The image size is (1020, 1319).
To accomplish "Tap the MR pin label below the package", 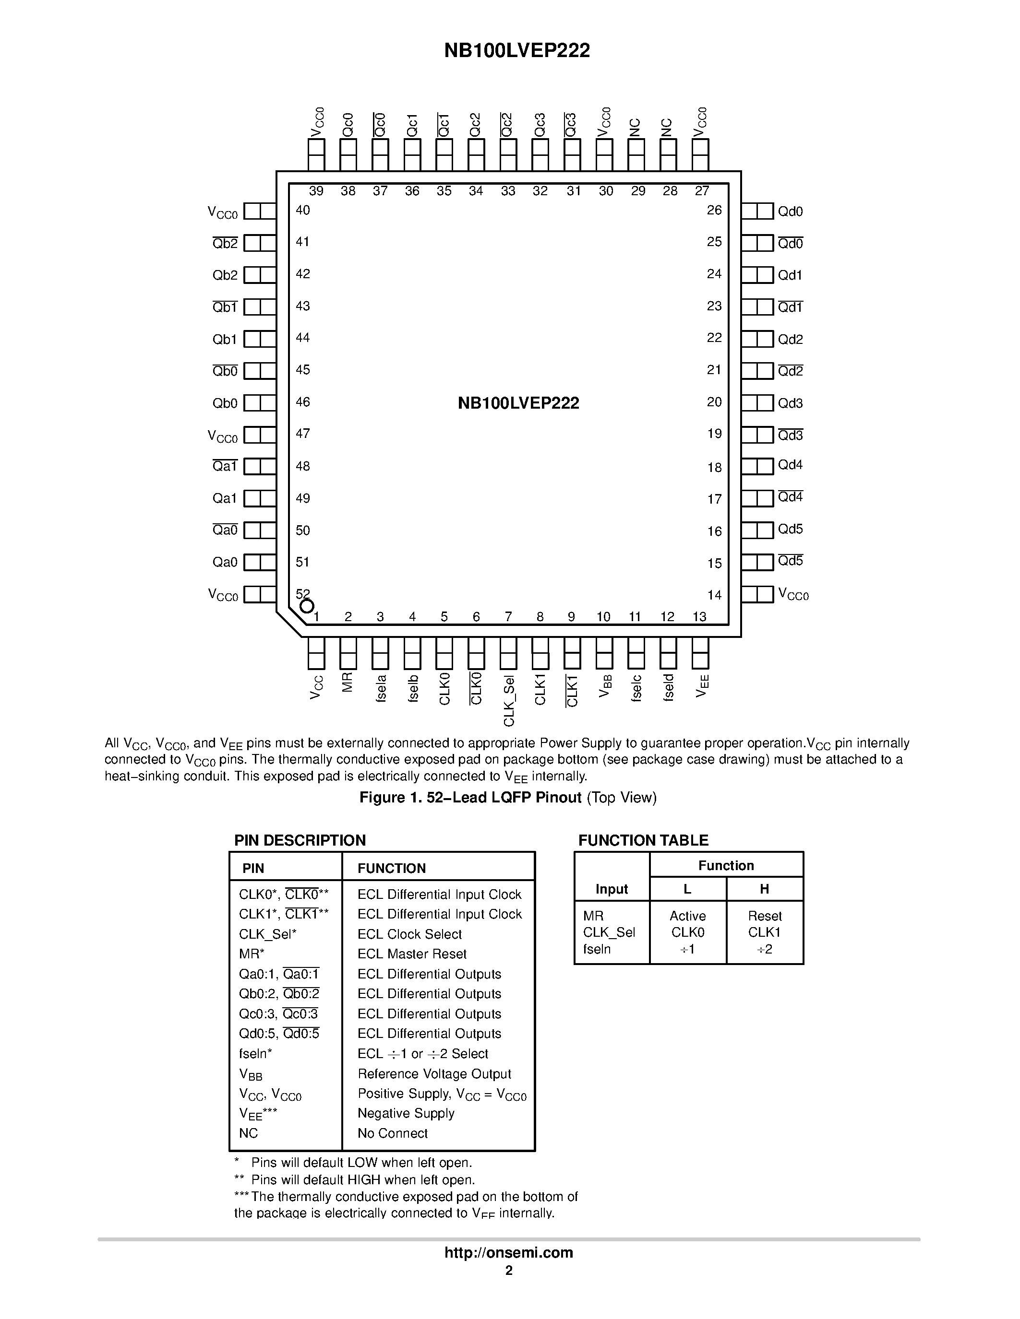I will tap(348, 683).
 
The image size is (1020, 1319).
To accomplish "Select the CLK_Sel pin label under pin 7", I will tap(509, 701).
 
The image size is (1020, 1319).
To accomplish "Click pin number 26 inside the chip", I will tap(714, 210).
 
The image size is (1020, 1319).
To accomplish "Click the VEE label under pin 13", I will tap(701, 686).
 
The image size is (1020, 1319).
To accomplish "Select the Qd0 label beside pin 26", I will tap(790, 212).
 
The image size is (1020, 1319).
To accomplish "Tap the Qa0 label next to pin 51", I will tap(225, 562).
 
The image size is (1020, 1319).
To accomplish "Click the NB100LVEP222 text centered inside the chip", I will tap(518, 403).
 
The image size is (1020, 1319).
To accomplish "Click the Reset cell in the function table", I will tap(764, 916).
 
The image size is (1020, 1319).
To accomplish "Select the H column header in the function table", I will tap(764, 889).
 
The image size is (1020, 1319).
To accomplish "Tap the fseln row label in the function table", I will tap(597, 949).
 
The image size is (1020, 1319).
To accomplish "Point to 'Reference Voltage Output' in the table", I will tap(434, 1073).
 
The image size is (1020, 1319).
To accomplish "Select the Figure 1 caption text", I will tap(507, 797).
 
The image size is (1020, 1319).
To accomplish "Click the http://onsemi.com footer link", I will tap(509, 1252).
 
